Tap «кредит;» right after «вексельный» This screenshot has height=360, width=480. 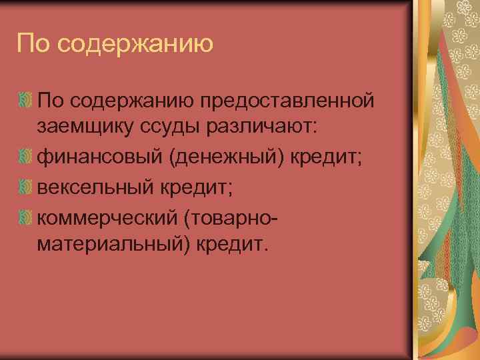197,188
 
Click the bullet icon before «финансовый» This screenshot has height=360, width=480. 25,159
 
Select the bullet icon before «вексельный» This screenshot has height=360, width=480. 25,188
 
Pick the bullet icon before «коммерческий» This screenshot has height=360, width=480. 25,217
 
